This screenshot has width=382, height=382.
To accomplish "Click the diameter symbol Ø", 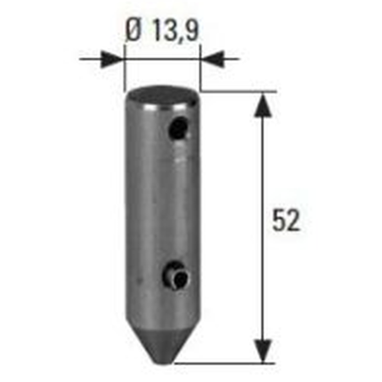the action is click(x=134, y=30).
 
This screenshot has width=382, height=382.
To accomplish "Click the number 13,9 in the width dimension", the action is click(x=176, y=30).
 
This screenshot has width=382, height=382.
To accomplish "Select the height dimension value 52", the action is click(x=286, y=221).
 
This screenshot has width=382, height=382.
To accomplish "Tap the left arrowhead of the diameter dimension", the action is click(x=112, y=59).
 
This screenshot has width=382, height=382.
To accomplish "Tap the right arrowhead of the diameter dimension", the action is click(x=212, y=59).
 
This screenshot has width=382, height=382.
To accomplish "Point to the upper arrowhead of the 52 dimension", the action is click(x=263, y=105).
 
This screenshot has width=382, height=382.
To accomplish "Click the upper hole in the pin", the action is click(x=178, y=129).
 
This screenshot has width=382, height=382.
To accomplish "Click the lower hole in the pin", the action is click(x=176, y=276).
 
